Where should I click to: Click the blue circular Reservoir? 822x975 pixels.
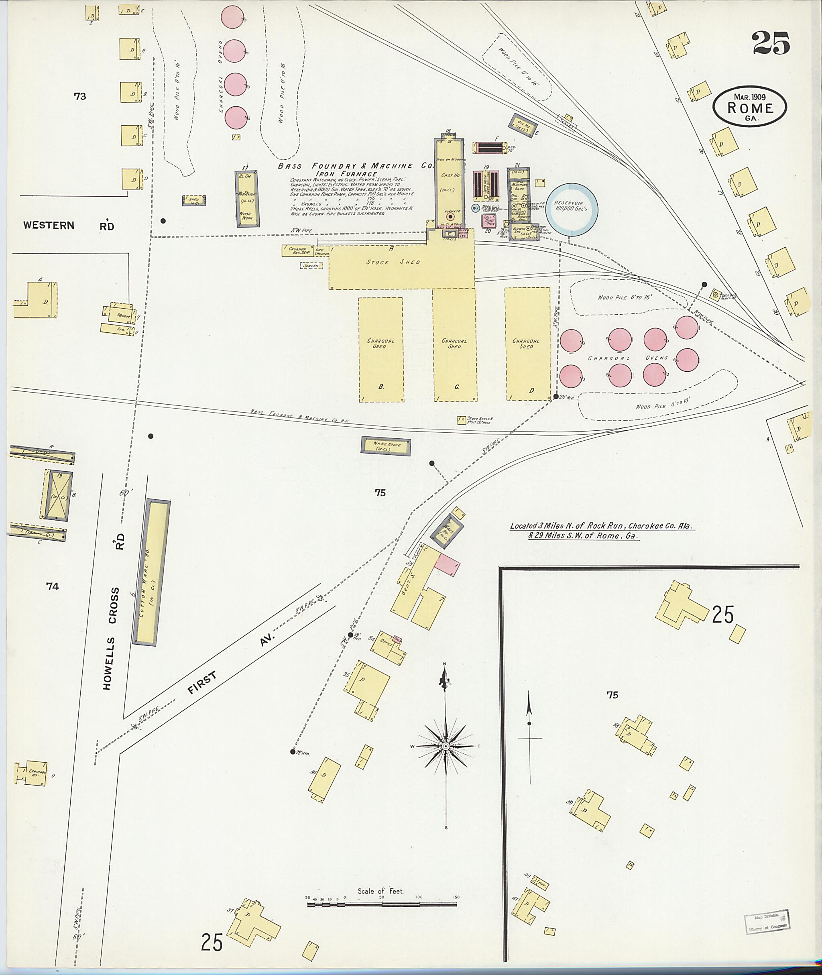tap(572, 209)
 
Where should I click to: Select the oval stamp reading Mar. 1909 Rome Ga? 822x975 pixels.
tap(750, 107)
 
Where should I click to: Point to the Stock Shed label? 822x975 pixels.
tap(393, 262)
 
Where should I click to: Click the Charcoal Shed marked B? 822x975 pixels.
tap(381, 349)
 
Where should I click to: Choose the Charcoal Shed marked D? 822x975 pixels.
tap(527, 344)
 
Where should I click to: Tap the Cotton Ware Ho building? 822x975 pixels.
tap(151, 573)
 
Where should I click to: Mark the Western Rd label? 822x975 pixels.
tap(69, 226)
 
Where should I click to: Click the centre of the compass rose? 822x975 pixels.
tap(446, 746)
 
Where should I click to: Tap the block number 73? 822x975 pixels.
tap(80, 96)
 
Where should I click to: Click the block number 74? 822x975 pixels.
tap(52, 586)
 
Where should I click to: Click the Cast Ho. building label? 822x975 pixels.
tap(450, 175)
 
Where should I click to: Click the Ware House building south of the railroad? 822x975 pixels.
tap(385, 446)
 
